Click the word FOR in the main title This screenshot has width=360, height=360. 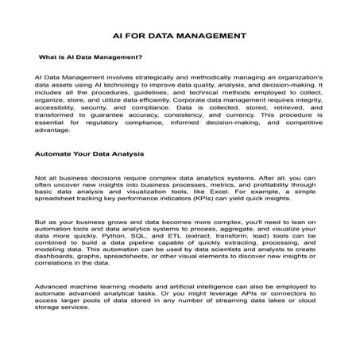click(139, 36)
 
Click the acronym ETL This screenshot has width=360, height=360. click(176, 238)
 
